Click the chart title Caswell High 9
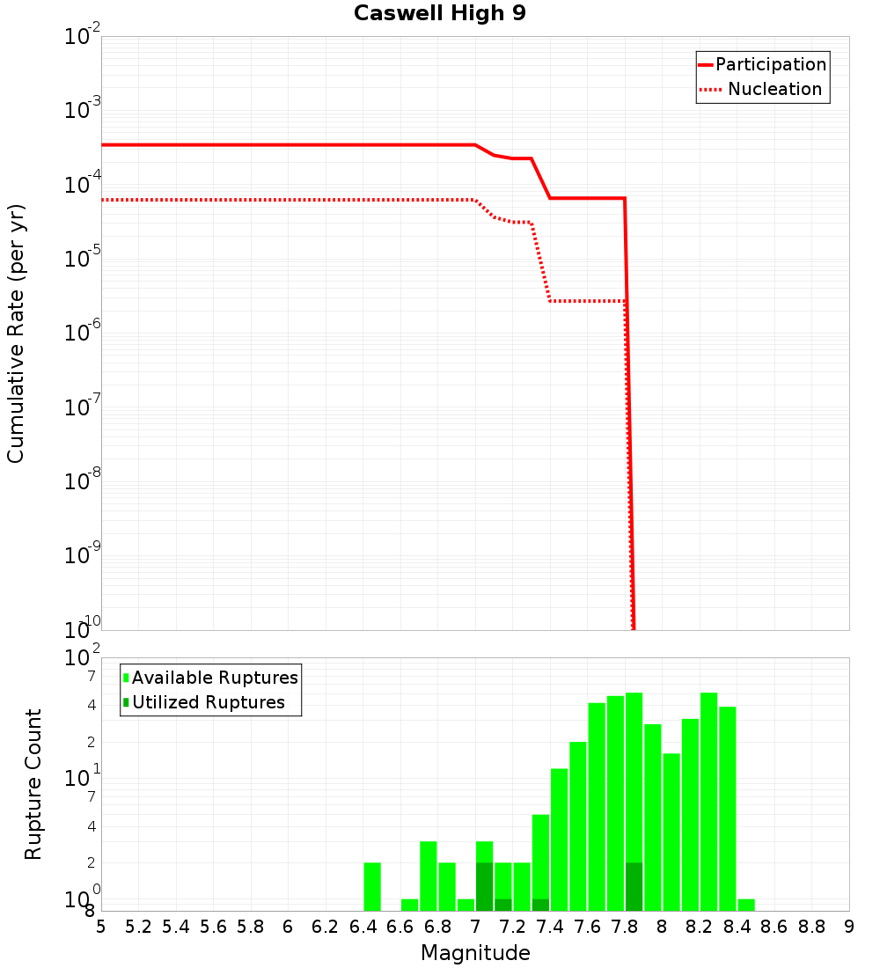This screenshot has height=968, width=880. click(440, 14)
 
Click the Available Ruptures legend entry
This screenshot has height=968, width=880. click(214, 678)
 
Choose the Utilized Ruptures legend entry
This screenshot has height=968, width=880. click(208, 702)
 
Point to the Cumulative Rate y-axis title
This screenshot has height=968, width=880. click(16, 333)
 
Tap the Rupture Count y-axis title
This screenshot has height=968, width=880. click(33, 784)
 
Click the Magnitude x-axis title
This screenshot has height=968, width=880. click(475, 953)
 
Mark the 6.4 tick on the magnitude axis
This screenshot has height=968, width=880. click(363, 927)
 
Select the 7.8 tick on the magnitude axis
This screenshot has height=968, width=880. click(625, 927)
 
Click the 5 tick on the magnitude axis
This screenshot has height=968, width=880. click(101, 927)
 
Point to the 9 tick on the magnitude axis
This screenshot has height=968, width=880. click(849, 927)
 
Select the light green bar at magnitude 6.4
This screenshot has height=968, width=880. click(372, 887)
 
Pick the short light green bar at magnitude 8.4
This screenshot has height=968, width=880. click(746, 905)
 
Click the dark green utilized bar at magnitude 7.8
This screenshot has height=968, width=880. click(634, 887)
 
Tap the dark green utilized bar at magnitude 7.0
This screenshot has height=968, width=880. click(484, 887)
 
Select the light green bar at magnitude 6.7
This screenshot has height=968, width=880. click(429, 876)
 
